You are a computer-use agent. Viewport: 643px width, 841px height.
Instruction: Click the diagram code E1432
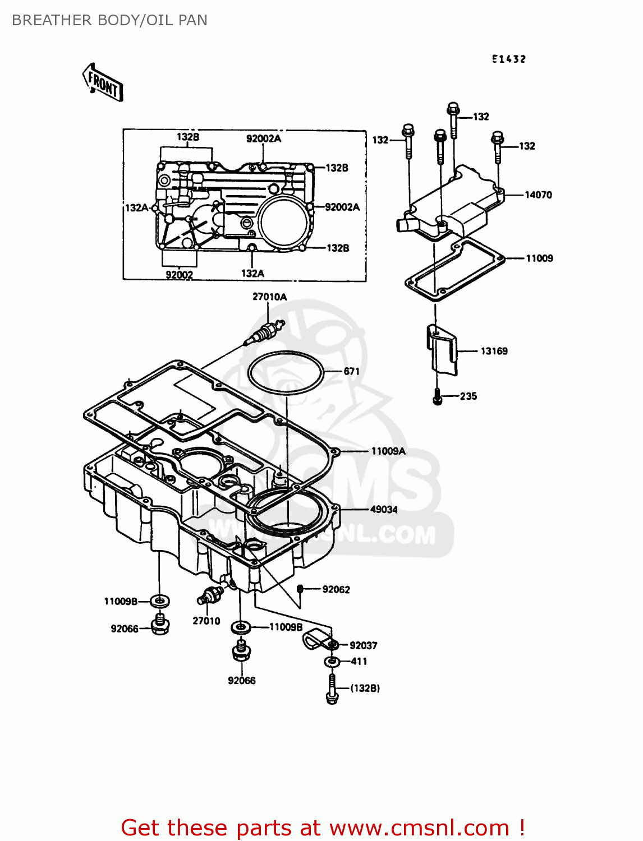(x=509, y=59)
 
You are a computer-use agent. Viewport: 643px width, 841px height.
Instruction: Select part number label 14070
(x=538, y=195)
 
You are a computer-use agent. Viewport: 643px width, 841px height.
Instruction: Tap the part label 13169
(x=494, y=351)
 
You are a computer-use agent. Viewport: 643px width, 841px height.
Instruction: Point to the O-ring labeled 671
(x=286, y=372)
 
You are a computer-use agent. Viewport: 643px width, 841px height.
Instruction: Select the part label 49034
(x=384, y=510)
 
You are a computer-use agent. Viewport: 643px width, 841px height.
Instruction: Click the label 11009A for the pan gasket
(x=388, y=451)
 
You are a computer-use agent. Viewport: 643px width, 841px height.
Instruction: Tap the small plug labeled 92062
(x=300, y=589)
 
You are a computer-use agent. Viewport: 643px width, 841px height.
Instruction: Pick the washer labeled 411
(x=332, y=662)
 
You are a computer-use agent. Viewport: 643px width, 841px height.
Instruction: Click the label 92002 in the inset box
(x=179, y=275)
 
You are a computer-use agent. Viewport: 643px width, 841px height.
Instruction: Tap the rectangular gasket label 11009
(x=539, y=258)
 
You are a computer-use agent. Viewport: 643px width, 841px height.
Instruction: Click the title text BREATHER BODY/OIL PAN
(x=109, y=20)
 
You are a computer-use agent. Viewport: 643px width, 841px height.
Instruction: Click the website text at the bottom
(x=323, y=828)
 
